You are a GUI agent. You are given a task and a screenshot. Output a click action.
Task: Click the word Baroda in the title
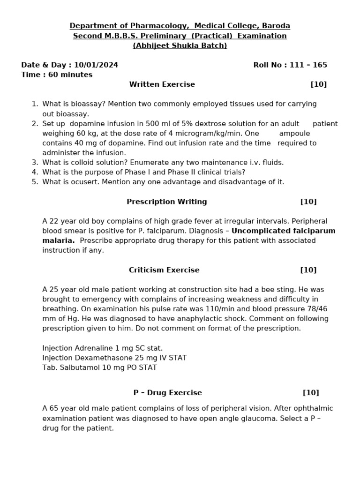[277, 26]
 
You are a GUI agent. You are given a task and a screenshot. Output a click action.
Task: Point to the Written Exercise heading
[162, 84]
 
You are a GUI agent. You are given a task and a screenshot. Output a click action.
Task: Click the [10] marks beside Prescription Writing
[308, 202]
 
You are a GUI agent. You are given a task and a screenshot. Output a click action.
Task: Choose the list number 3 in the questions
[35, 162]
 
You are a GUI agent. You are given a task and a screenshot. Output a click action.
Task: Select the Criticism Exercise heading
[164, 270]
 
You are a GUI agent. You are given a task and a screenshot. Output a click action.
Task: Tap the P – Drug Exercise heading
[167, 393]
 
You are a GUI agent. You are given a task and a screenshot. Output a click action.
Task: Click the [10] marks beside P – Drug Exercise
[311, 393]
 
